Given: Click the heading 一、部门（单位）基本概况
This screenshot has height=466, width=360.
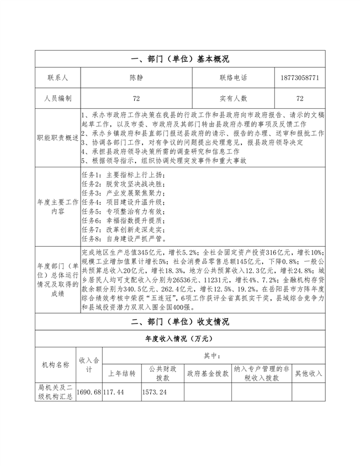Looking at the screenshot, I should tap(180, 59).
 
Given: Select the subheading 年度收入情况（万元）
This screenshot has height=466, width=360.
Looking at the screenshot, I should tap(180, 339).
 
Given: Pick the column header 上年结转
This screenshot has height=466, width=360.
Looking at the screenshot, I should tap(121, 373).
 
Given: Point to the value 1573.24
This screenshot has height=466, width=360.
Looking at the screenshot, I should tap(155, 391).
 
